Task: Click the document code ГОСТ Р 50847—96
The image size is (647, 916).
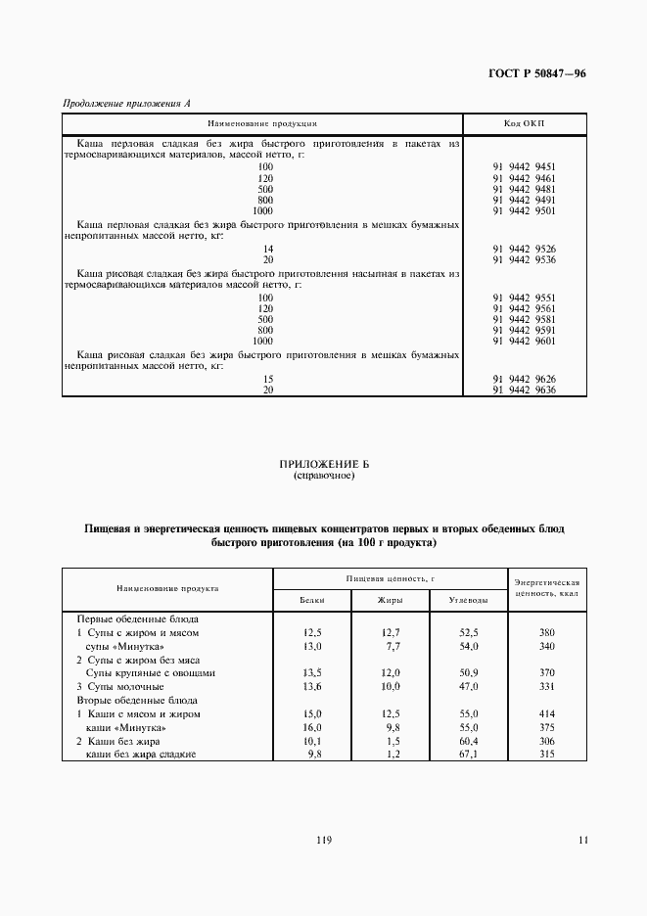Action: (536, 74)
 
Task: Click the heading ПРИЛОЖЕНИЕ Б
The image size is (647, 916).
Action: (323, 465)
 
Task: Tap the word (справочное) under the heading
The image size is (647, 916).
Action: (323, 477)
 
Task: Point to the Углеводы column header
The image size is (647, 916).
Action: (467, 599)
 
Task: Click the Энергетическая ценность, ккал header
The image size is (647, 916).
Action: (547, 588)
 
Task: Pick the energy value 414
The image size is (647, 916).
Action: (547, 714)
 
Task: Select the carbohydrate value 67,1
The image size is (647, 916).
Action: (467, 756)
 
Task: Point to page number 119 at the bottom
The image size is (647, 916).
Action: (323, 840)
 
